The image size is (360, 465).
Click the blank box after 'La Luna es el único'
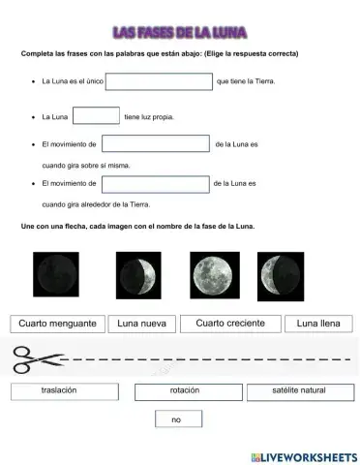coord(159,81)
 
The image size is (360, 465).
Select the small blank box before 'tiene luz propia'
coord(96,116)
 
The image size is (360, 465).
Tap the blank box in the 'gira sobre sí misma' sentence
coord(156,145)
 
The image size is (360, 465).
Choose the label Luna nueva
coord(140,324)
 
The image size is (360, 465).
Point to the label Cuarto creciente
coord(230,324)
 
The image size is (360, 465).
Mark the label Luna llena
coord(319,324)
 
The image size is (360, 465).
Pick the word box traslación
coord(59,391)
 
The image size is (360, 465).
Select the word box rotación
coord(184,391)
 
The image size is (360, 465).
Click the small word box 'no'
coord(178,419)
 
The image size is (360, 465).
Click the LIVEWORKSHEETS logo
coord(303,455)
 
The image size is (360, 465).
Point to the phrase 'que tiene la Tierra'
coord(247,81)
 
